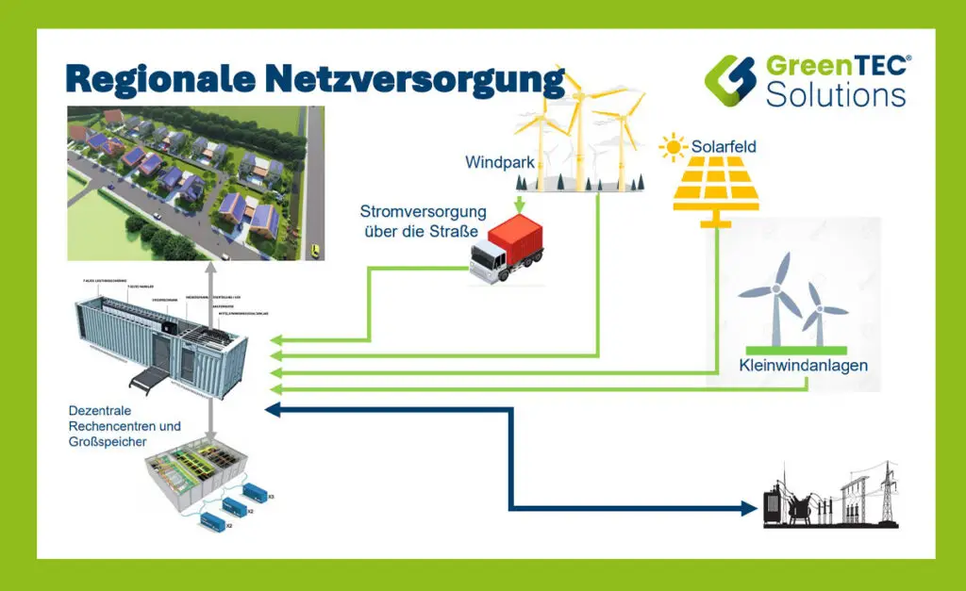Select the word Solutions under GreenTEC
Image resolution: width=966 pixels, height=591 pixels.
(836, 94)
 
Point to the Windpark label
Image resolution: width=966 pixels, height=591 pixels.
(500, 162)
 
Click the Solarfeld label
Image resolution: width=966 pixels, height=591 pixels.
(724, 147)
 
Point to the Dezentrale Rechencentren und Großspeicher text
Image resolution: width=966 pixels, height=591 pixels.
(124, 425)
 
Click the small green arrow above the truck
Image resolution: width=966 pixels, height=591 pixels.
(519, 203)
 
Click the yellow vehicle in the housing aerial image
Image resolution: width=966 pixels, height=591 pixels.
(315, 250)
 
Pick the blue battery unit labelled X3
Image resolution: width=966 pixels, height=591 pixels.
(256, 491)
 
